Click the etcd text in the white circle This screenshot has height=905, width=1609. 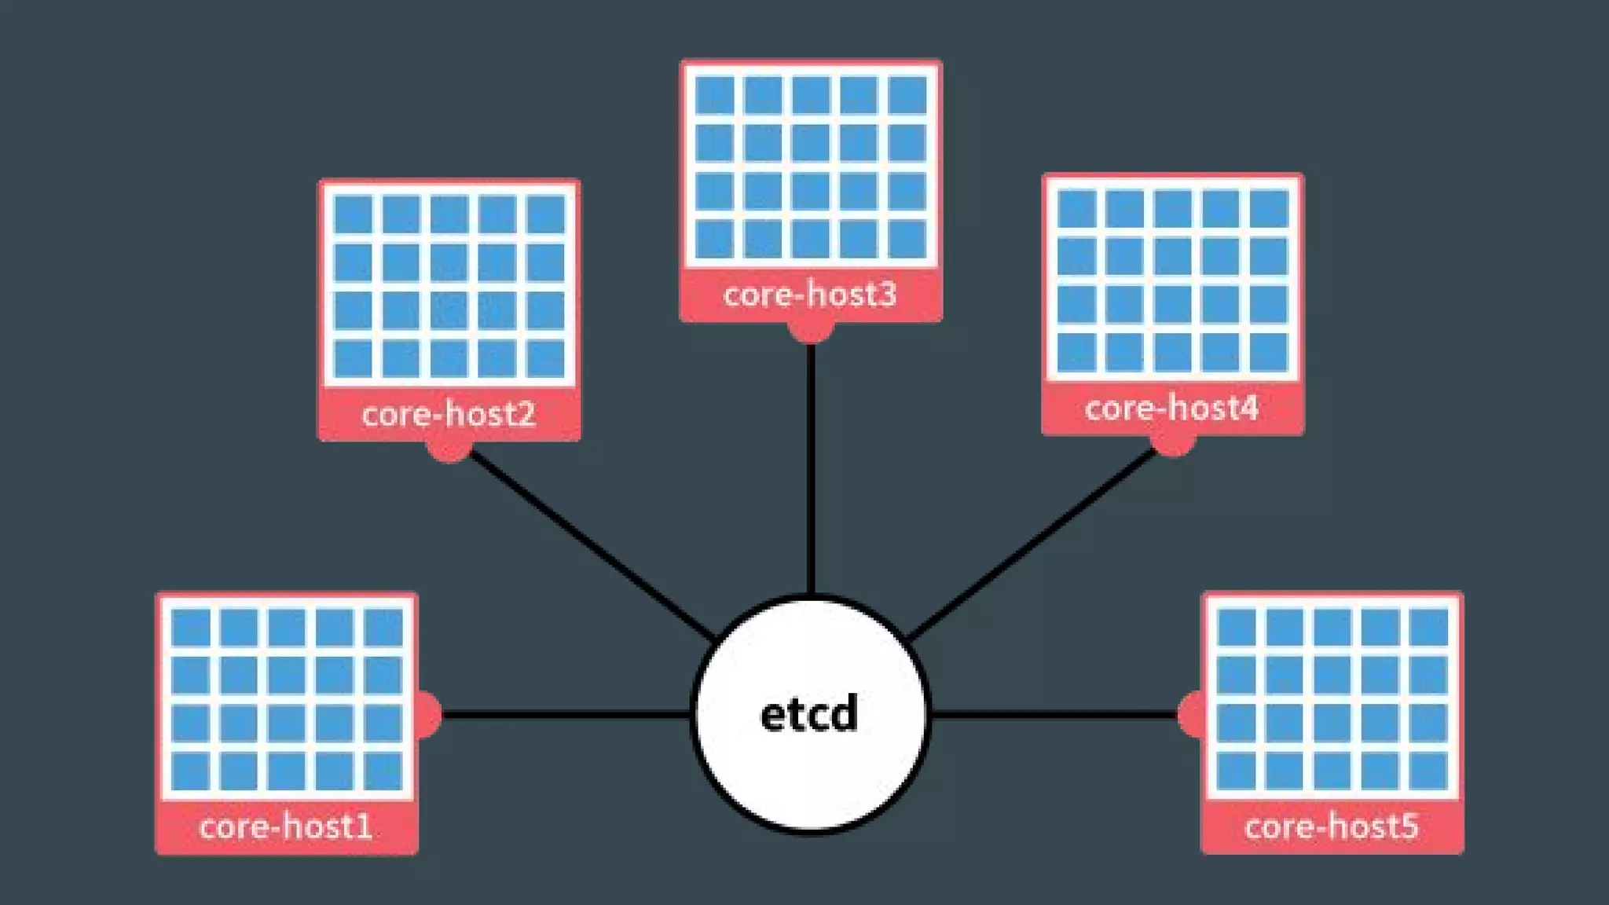809,715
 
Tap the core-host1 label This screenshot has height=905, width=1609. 286,827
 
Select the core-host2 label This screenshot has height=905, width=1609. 449,414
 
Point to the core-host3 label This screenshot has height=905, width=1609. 810,295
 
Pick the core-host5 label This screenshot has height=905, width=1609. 1332,827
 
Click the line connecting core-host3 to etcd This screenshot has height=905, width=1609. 811,471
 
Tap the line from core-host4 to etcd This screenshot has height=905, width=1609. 1033,542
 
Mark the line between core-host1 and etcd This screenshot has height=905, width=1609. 566,714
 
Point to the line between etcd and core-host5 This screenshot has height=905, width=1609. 1053,714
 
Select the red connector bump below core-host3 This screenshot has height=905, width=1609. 811,332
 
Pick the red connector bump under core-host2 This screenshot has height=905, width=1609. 449,451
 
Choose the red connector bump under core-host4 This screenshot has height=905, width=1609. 1172,445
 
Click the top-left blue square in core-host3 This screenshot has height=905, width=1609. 715,95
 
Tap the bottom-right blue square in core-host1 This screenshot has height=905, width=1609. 383,771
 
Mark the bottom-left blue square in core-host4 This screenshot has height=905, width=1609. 1076,352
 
